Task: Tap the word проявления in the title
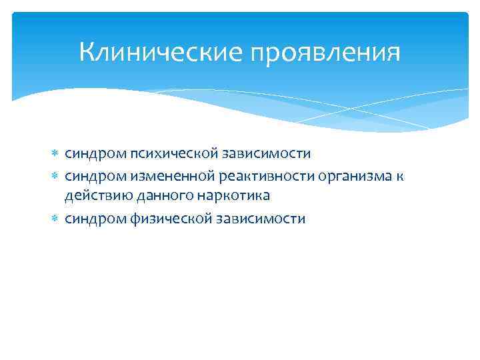[326, 53]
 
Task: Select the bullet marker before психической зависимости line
[55, 154]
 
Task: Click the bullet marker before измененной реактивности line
[55, 175]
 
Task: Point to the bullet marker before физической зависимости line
[55, 219]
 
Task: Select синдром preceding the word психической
[90, 154]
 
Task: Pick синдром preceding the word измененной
[90, 175]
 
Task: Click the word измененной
[167, 175]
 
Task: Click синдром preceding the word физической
[90, 219]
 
